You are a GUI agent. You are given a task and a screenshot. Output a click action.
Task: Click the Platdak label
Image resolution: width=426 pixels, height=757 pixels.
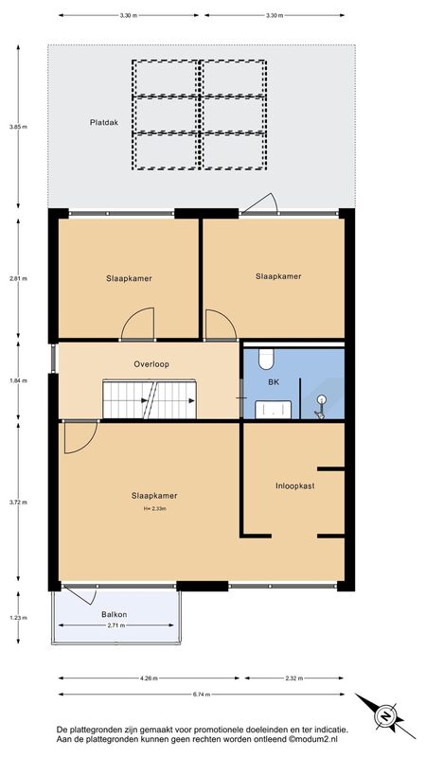tap(104, 123)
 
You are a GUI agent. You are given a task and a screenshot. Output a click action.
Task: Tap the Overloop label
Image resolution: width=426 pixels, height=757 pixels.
tap(151, 364)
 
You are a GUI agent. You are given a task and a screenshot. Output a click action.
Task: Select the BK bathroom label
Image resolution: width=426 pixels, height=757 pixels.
tap(274, 381)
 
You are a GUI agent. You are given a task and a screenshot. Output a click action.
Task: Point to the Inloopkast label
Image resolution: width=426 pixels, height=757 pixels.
tap(294, 485)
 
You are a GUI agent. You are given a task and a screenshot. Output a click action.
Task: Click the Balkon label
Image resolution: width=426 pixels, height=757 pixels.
tap(115, 614)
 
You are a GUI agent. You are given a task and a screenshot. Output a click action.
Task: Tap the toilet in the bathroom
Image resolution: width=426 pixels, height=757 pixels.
tap(266, 359)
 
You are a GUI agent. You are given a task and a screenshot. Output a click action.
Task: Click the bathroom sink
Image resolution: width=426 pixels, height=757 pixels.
tap(273, 409)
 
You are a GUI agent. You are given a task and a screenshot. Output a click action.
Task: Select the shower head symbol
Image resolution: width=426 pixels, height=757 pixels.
tap(321, 406)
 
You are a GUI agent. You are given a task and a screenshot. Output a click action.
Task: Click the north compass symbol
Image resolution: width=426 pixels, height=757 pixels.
tap(385, 715)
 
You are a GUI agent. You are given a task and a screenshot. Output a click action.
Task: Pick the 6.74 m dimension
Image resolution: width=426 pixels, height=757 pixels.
tap(202, 695)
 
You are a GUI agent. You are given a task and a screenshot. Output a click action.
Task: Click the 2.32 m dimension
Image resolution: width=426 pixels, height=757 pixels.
tap(293, 678)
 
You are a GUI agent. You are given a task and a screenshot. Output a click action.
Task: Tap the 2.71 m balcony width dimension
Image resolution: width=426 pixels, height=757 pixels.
tap(115, 625)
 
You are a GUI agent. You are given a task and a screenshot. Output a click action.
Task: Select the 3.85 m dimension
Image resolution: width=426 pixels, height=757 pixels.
tap(18, 127)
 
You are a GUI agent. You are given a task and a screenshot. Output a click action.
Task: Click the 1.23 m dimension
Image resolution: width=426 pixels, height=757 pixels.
tap(18, 618)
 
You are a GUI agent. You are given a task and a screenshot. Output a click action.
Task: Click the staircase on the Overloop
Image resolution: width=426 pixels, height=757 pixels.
tap(150, 399)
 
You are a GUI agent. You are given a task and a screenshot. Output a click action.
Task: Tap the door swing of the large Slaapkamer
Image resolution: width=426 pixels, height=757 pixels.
tap(80, 437)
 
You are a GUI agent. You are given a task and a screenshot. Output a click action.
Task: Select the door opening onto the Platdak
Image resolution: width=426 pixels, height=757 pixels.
tap(259, 203)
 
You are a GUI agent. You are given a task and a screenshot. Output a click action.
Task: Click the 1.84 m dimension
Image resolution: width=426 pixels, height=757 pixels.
tap(18, 380)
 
